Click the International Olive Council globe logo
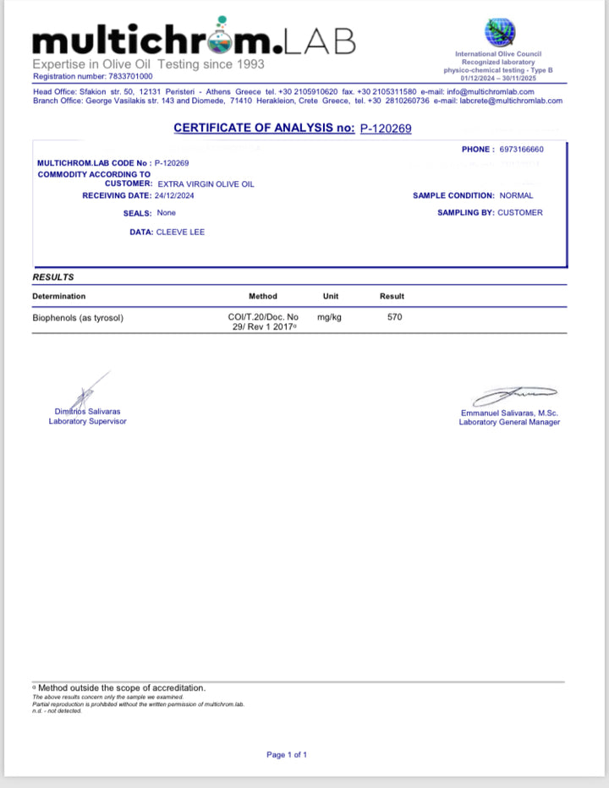coord(498,32)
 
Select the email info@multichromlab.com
coord(491,91)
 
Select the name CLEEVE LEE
coord(180,232)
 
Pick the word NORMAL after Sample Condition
coord(516,195)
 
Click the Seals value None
coord(166,213)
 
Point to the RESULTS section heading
coord(53,277)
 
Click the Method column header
coord(262,297)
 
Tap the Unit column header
coord(331,297)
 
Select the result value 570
coord(394,318)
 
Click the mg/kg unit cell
coord(331,318)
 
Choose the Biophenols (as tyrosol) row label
coord(83,318)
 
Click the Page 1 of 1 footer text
coord(287,754)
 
